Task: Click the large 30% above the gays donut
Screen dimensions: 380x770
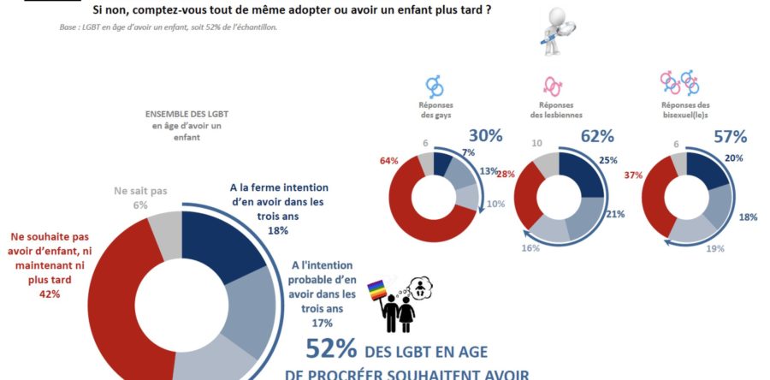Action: [x=485, y=136]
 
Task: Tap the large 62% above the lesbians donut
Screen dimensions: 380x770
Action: [x=597, y=136]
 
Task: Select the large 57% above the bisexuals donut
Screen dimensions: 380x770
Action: [x=731, y=136]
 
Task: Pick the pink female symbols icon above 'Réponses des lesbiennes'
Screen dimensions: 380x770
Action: [x=554, y=85]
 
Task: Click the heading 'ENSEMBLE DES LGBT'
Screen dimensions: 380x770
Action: [x=186, y=113]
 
